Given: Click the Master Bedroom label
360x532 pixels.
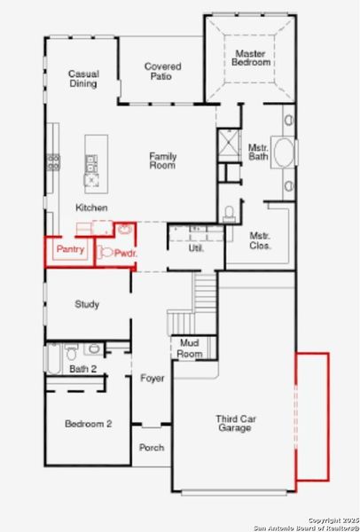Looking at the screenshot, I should coord(249,58).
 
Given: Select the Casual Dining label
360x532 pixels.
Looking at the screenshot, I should coord(83,78).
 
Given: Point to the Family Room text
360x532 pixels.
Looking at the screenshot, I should coord(162,160).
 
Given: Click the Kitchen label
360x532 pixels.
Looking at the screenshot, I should coord(91,207).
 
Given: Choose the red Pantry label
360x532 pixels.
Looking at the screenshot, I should coord(70,250).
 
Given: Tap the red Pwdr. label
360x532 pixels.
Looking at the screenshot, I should coord(122,253).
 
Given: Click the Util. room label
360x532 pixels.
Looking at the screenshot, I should coord(196,248).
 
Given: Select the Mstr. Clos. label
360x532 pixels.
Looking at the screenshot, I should coord(260,240).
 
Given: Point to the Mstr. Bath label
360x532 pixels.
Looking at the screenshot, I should coord(258,153).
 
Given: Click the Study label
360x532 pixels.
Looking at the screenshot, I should coord(87,304).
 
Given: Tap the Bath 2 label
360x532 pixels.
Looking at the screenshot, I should coord(82,368).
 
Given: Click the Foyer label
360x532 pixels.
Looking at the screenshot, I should coord(153,379).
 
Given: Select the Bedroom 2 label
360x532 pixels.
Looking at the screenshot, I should coord(88,424).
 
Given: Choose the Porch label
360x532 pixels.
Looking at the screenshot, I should coord(152,448).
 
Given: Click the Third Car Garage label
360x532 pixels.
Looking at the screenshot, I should coord(233,422).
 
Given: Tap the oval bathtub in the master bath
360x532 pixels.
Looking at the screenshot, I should coord(286,152).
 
